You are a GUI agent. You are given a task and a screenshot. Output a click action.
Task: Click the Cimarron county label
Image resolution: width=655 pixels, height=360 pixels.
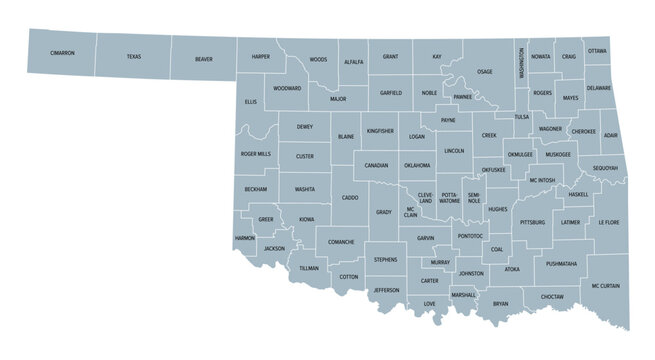click(63, 52)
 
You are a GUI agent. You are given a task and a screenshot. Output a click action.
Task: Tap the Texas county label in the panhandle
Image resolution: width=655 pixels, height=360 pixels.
click(134, 57)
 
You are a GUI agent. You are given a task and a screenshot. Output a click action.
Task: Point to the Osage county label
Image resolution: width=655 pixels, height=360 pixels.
click(484, 72)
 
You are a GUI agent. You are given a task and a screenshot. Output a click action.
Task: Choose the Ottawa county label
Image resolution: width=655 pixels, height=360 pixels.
click(597, 50)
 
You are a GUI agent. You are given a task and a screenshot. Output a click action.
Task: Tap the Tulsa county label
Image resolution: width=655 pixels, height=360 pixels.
click(522, 117)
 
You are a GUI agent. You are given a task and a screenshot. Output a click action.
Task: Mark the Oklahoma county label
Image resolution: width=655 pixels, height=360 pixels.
click(417, 165)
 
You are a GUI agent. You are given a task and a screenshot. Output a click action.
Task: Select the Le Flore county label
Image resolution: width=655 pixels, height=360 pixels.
click(609, 222)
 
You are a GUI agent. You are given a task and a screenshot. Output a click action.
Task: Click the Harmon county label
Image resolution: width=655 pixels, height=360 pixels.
click(244, 238)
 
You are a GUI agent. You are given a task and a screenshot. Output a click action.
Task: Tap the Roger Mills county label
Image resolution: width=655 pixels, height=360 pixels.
click(255, 154)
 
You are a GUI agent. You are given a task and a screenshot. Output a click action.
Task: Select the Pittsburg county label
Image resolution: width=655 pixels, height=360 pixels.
click(532, 222)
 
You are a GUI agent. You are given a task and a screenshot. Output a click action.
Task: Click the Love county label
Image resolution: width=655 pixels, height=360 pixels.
click(429, 303)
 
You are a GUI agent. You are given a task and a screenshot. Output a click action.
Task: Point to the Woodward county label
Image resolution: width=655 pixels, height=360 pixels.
click(287, 88)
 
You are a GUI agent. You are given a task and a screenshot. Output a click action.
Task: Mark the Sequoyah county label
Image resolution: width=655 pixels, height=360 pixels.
click(605, 168)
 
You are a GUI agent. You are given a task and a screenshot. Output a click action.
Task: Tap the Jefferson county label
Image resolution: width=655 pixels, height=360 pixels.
click(386, 290)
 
